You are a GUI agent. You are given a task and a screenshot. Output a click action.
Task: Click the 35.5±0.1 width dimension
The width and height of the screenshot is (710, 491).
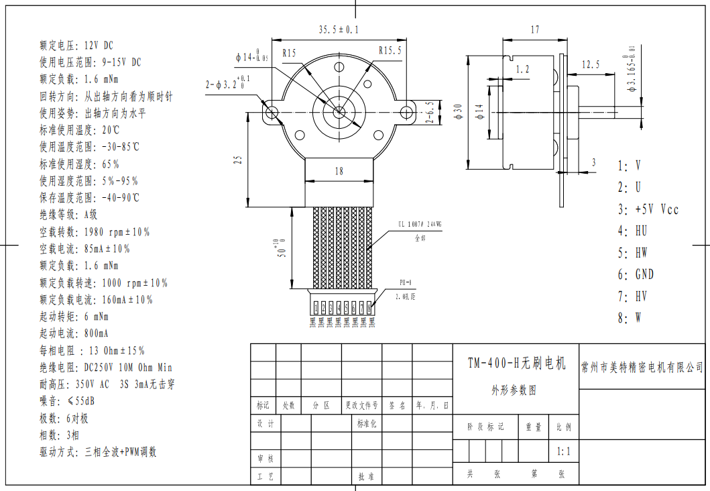(339, 30)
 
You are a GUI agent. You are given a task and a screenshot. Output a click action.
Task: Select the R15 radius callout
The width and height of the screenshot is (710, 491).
(290, 53)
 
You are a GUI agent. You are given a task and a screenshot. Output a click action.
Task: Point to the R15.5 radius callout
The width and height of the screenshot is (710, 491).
(390, 50)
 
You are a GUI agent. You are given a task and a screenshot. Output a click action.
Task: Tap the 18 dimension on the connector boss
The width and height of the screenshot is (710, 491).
(339, 171)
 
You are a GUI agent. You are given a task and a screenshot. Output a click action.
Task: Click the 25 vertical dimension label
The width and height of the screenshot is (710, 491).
(237, 160)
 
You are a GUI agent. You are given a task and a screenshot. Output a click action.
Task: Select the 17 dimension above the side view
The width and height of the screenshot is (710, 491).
(534, 30)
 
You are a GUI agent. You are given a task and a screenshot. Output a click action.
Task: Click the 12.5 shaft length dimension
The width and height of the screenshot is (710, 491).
(591, 64)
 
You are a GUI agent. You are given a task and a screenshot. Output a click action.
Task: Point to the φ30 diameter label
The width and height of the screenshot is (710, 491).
(458, 111)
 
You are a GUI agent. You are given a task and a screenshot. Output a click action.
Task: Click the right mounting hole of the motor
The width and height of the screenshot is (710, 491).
(406, 111)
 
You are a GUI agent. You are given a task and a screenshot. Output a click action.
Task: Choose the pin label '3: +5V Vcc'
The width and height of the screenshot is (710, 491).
(648, 209)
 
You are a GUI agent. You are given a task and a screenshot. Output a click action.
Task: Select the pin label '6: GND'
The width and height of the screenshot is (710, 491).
(636, 274)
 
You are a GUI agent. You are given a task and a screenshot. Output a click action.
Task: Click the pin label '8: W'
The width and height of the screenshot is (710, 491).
(629, 318)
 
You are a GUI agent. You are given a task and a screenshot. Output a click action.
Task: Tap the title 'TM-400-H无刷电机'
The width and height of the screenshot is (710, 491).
(516, 363)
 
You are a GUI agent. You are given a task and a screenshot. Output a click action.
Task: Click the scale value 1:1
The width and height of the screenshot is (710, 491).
(563, 451)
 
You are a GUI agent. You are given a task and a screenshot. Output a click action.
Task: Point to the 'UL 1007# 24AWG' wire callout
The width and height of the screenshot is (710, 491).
(420, 225)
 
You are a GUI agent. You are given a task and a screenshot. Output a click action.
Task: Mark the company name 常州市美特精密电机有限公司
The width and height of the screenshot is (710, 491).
(642, 367)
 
